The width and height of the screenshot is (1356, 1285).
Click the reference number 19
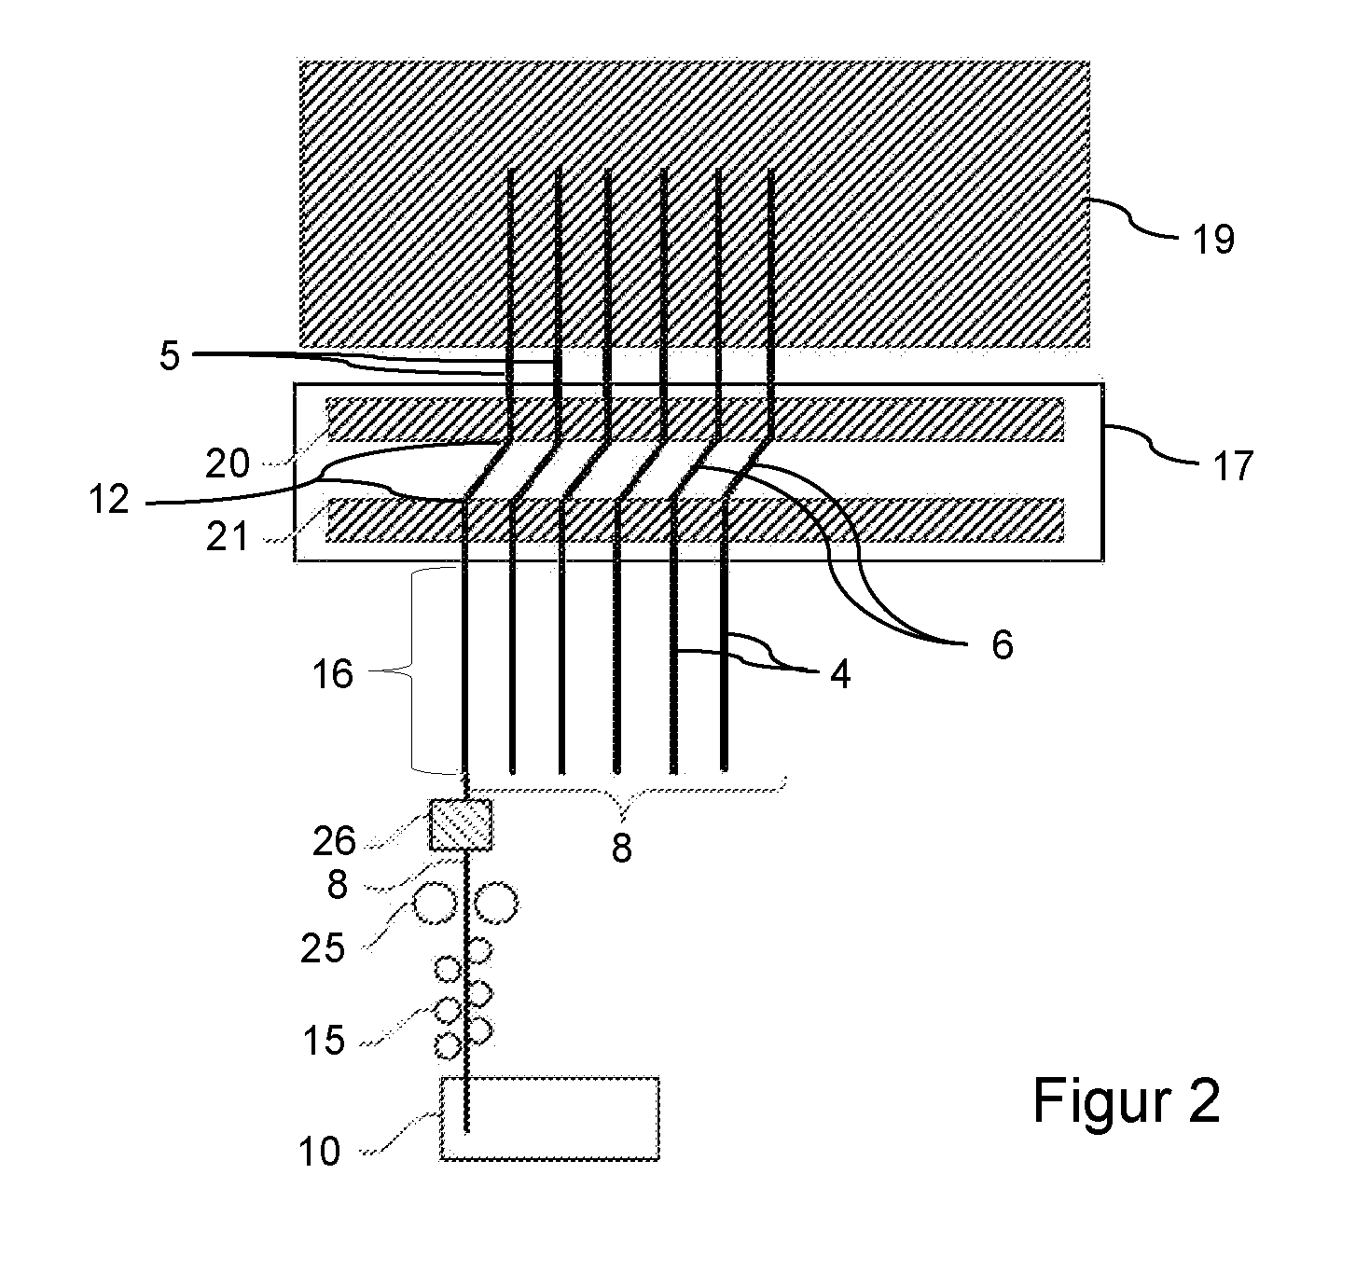(1213, 240)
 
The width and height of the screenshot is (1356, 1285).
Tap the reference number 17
(1233, 465)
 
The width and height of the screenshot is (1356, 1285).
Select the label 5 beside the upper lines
(170, 356)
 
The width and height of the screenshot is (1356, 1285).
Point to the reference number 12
(109, 499)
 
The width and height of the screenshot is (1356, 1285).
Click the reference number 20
(227, 463)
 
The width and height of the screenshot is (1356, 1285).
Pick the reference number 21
(227, 536)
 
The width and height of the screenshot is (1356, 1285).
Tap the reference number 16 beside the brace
(332, 674)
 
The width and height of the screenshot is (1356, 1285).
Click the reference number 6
(1003, 645)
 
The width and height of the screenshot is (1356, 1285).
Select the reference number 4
(840, 674)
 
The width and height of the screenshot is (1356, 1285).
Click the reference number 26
(334, 841)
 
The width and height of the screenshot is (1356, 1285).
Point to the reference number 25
(323, 948)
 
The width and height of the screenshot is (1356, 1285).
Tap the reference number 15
(324, 1040)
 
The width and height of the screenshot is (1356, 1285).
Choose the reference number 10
(319, 1152)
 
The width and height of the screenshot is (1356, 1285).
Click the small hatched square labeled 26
(461, 824)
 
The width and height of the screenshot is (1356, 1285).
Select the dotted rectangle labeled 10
(549, 1118)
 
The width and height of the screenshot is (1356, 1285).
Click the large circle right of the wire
(495, 903)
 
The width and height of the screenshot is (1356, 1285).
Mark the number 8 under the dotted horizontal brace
(621, 849)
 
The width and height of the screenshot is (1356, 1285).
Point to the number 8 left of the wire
(338, 884)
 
